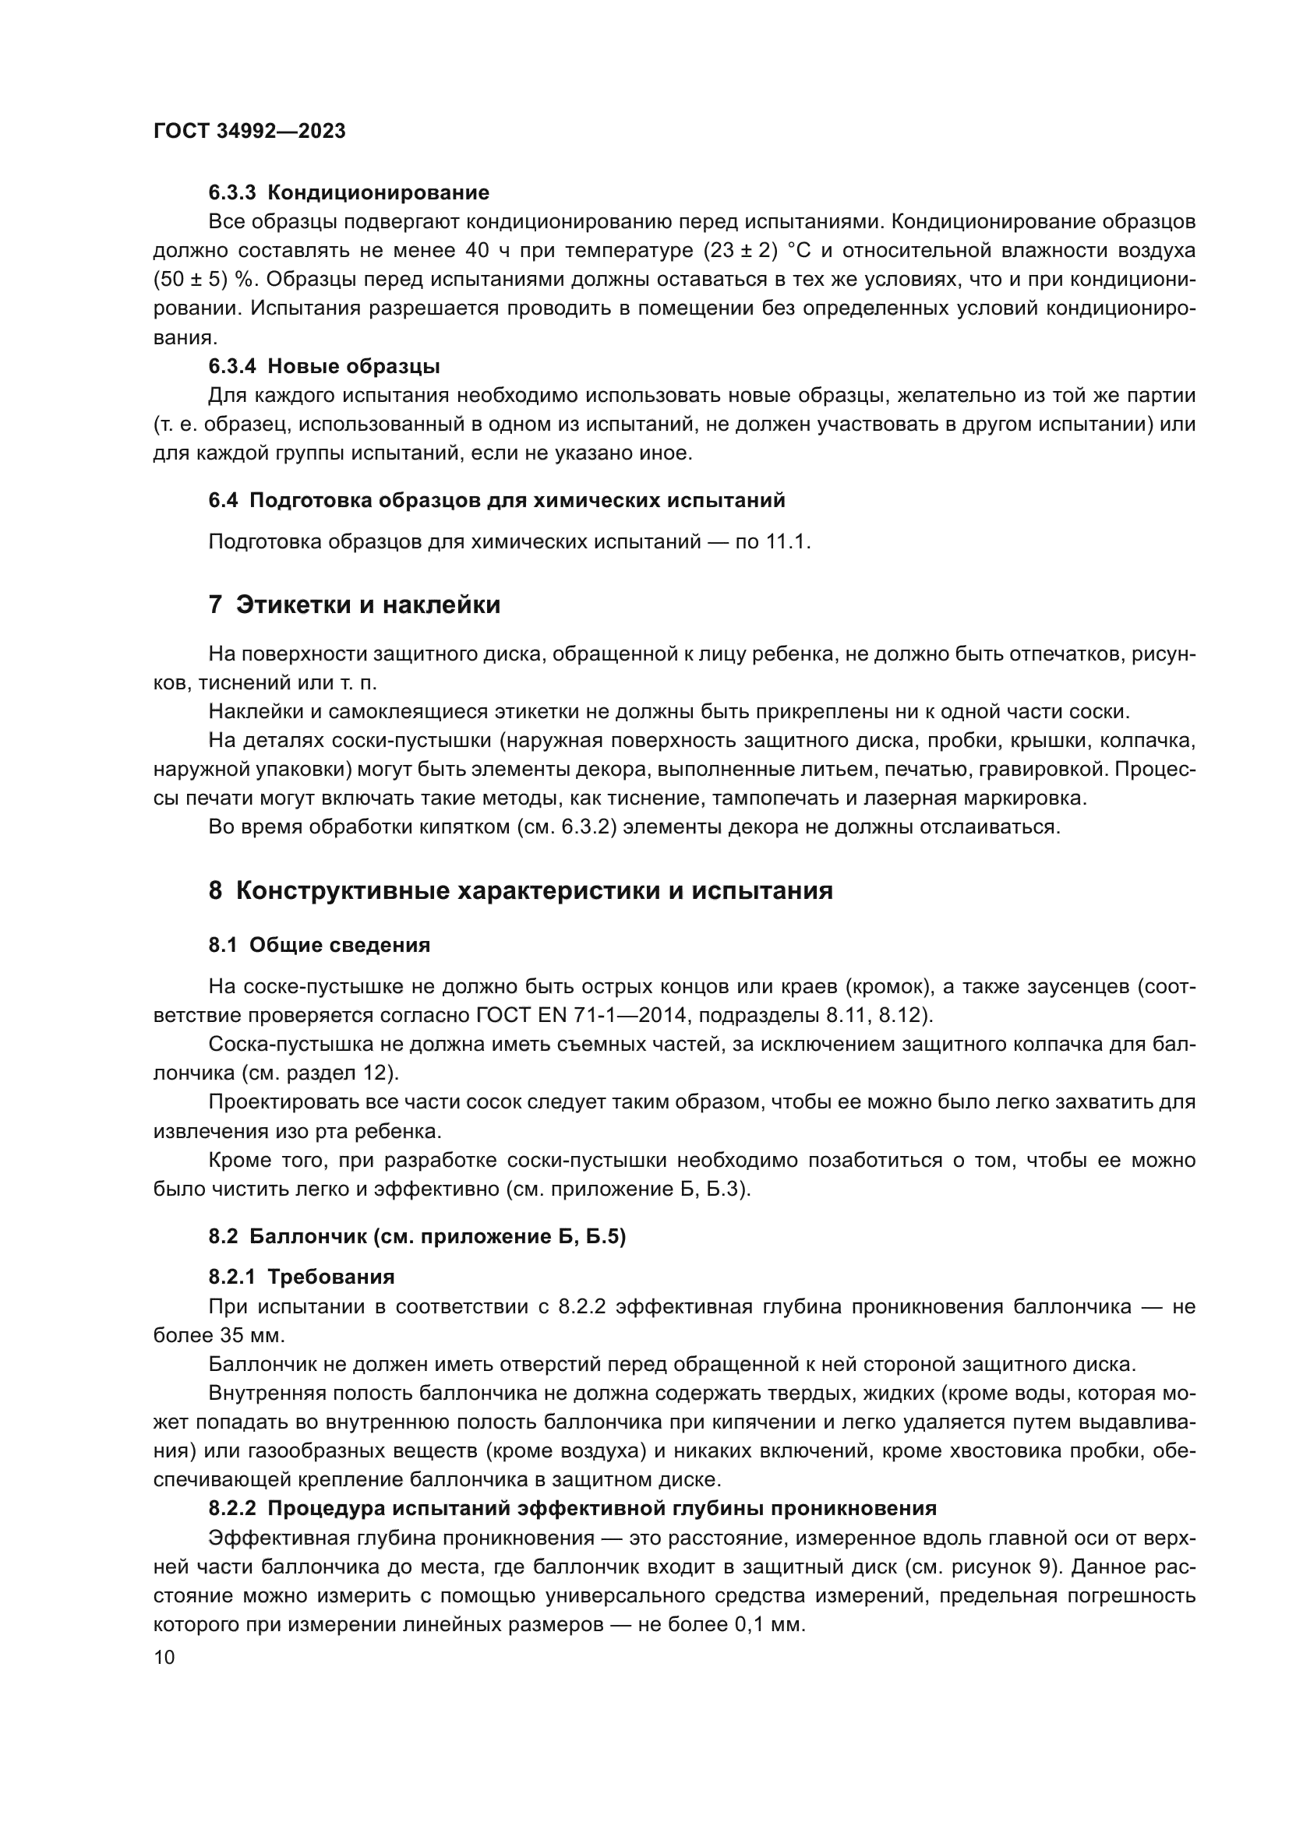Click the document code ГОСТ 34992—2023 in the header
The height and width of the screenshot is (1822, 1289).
click(x=249, y=132)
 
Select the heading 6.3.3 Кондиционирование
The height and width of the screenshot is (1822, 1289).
click(x=349, y=193)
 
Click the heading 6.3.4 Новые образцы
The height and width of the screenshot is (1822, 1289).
click(x=324, y=367)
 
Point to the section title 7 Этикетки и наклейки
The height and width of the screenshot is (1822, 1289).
click(x=354, y=604)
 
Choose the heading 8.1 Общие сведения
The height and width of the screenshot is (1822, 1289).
click(x=319, y=945)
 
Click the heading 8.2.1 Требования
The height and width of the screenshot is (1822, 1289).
click(x=302, y=1277)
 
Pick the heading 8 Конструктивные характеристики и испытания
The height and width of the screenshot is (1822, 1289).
click(x=521, y=891)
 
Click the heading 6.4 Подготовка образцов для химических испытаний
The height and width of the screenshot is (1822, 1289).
click(x=497, y=501)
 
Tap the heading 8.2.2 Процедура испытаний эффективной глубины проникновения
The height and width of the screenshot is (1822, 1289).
click(x=572, y=1509)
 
